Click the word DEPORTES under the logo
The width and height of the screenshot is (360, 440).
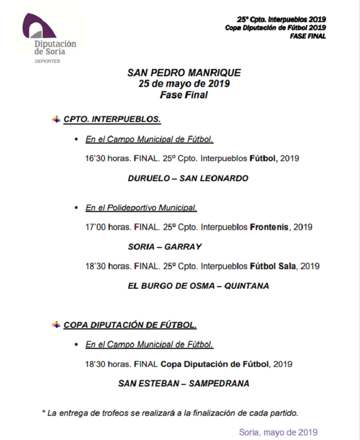point(47,61)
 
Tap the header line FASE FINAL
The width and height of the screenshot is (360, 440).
point(308,37)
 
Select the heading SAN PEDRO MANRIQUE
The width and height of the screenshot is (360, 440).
point(184,73)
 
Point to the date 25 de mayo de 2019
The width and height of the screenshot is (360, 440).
point(184,84)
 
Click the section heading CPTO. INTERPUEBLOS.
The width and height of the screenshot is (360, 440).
point(112,119)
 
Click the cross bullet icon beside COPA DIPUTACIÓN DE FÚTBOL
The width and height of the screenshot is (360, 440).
point(56,325)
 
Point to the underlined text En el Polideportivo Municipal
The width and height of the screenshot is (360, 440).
point(141,208)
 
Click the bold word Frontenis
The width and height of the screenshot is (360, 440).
point(270,227)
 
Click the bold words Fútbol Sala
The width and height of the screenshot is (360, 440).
point(273,267)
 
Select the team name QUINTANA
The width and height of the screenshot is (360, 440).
point(246,286)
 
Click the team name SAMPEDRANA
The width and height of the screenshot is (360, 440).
point(219,383)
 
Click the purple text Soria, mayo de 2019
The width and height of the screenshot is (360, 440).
point(278,432)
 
